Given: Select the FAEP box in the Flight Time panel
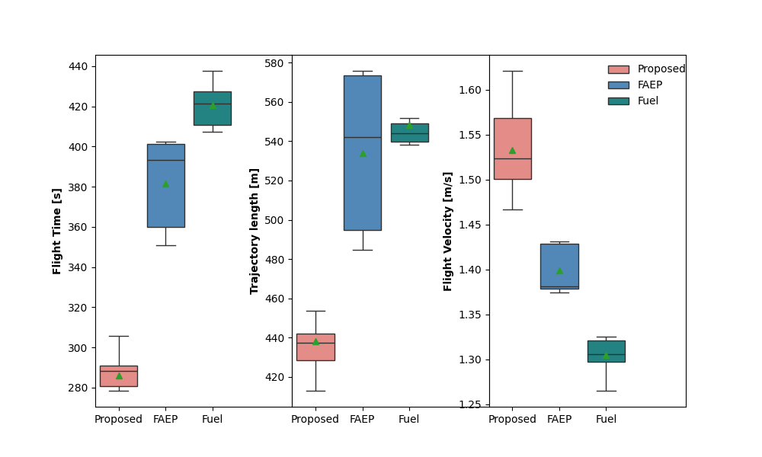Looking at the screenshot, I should tap(165, 198).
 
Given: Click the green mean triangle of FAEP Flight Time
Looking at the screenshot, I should tap(165, 184).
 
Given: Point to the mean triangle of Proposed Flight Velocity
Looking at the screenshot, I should tap(512, 150).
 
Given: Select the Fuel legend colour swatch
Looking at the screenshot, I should tap(618, 101).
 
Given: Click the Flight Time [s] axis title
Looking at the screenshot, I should tap(57, 231).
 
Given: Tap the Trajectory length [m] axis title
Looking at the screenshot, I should tap(255, 231).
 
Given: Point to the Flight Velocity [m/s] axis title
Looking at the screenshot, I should tap(448, 231).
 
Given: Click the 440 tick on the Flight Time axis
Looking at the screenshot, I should tap(78, 66).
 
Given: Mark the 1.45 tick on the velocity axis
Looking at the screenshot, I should tap(469, 225).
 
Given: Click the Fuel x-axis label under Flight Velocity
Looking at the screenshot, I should tap(606, 419).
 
